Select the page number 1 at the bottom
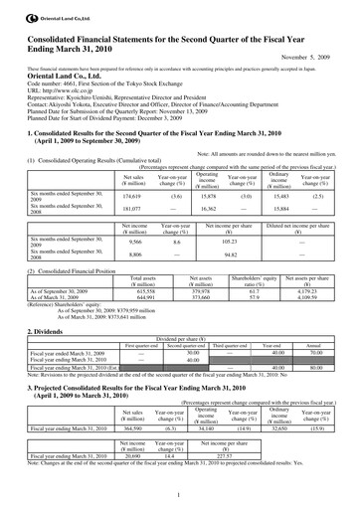click(180, 495)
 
